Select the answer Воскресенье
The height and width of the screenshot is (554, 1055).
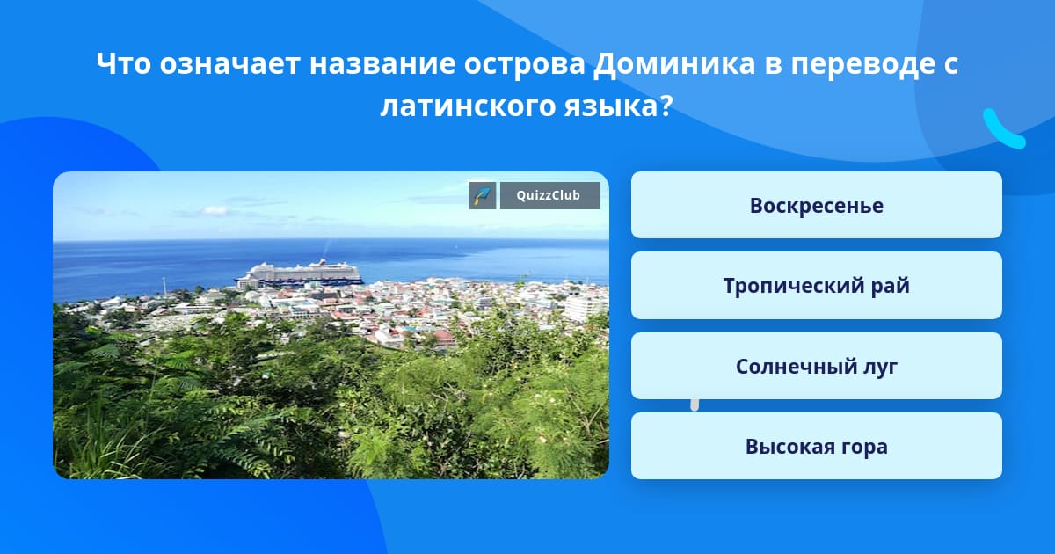point(816,205)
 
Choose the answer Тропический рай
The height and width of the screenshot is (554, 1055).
point(816,286)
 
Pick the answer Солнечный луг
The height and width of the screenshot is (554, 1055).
point(816,366)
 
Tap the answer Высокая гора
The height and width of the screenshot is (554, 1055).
point(816,446)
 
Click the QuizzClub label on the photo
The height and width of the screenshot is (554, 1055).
point(549,195)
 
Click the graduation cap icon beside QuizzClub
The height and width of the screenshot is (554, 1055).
point(483,195)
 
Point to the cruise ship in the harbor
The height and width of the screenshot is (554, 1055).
point(300,273)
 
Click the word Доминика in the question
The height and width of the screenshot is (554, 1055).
point(674,63)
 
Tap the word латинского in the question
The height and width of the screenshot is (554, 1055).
point(468,107)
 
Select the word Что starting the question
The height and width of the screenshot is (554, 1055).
point(123,63)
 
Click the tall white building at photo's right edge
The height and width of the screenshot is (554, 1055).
point(583,308)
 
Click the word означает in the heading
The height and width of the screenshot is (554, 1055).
point(229,64)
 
